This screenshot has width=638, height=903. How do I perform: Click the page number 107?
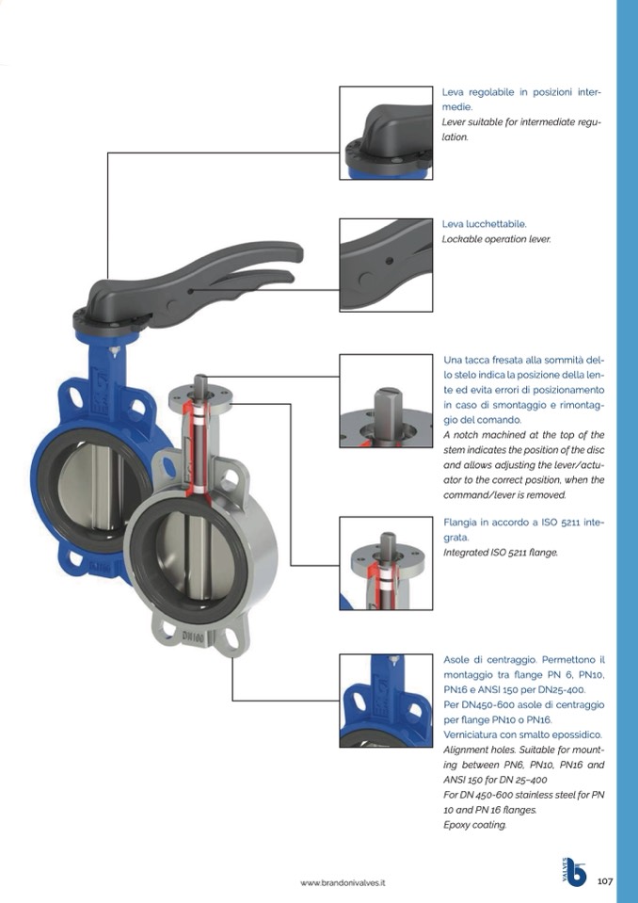pyautogui.click(x=605, y=881)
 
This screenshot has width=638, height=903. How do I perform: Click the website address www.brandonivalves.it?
pyautogui.click(x=343, y=883)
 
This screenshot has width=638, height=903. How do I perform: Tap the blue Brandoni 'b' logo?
pyautogui.click(x=576, y=873)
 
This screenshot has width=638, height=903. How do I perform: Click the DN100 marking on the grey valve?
pyautogui.click(x=193, y=637)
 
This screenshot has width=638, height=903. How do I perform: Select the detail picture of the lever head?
pyautogui.click(x=386, y=133)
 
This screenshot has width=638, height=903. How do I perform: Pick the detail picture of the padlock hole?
pyautogui.click(x=386, y=265)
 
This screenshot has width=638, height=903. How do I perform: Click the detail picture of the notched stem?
pyautogui.click(x=386, y=401)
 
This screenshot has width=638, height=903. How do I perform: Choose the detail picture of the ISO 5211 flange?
pyautogui.click(x=386, y=563)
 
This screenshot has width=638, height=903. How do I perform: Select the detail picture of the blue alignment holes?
pyautogui.click(x=386, y=701)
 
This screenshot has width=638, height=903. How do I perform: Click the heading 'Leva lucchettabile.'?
pyautogui.click(x=485, y=224)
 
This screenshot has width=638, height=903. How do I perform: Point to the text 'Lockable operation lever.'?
pyautogui.click(x=497, y=239)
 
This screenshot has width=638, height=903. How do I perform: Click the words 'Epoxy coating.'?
pyautogui.click(x=475, y=825)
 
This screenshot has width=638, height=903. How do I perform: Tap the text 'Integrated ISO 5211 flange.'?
pyautogui.click(x=501, y=553)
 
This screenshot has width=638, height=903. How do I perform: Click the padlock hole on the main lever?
pyautogui.click(x=190, y=291)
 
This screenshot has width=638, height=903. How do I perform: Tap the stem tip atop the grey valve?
pyautogui.click(x=200, y=381)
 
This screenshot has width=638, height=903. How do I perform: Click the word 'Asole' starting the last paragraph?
pyautogui.click(x=455, y=659)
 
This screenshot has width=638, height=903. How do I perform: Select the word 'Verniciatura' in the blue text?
pyautogui.click(x=470, y=734)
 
